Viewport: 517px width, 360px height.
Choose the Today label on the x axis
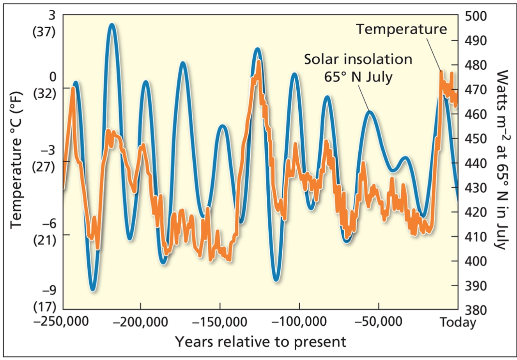click(458, 323)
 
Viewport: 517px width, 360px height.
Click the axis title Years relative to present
click(260, 342)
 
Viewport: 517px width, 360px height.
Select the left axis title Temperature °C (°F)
click(16, 160)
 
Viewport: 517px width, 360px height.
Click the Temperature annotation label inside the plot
click(402, 29)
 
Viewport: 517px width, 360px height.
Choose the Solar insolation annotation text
click(358, 59)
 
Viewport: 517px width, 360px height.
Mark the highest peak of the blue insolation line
click(112, 24)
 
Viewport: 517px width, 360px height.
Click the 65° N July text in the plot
click(358, 76)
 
